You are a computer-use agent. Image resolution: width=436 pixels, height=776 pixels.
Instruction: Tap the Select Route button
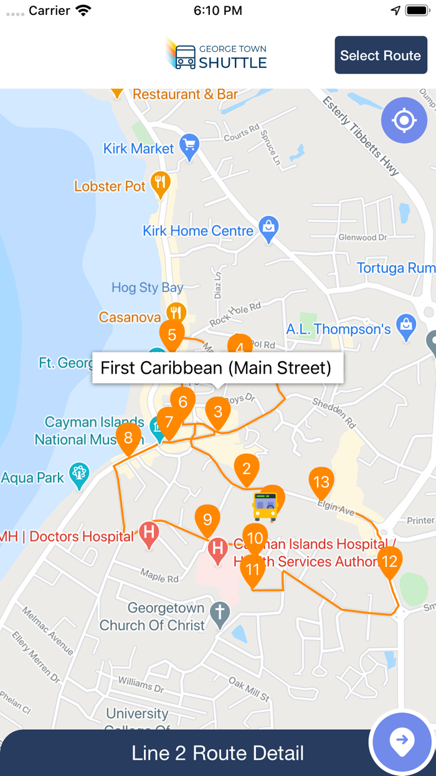coord(381,55)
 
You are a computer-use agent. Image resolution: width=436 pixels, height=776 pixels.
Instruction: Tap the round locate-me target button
coord(404,120)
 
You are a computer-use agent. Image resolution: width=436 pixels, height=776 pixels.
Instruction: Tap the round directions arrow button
coord(402,742)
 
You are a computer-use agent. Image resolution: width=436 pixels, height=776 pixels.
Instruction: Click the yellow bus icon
coord(265,506)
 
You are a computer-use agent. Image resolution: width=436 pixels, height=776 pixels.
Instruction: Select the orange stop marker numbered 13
coord(321,482)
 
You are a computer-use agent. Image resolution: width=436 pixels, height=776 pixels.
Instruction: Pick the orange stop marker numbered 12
coord(389,561)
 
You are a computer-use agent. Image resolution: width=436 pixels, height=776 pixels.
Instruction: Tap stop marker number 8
coord(128,437)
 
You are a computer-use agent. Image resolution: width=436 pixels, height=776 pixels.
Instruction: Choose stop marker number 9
coord(207,519)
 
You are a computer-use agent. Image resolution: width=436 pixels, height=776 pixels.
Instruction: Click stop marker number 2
coord(247,468)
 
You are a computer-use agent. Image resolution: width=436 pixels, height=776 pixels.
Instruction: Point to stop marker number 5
coord(172,334)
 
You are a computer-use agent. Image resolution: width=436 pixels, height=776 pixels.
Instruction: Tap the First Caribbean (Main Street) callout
coord(217,367)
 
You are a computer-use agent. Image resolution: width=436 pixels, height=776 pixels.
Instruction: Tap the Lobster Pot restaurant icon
coord(161,183)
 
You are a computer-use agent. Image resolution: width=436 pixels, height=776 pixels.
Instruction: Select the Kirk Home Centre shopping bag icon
coord(268,228)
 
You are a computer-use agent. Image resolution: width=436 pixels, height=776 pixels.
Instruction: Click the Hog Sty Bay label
coord(147,288)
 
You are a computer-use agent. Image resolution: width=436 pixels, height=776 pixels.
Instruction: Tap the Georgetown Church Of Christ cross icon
coord(219,613)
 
